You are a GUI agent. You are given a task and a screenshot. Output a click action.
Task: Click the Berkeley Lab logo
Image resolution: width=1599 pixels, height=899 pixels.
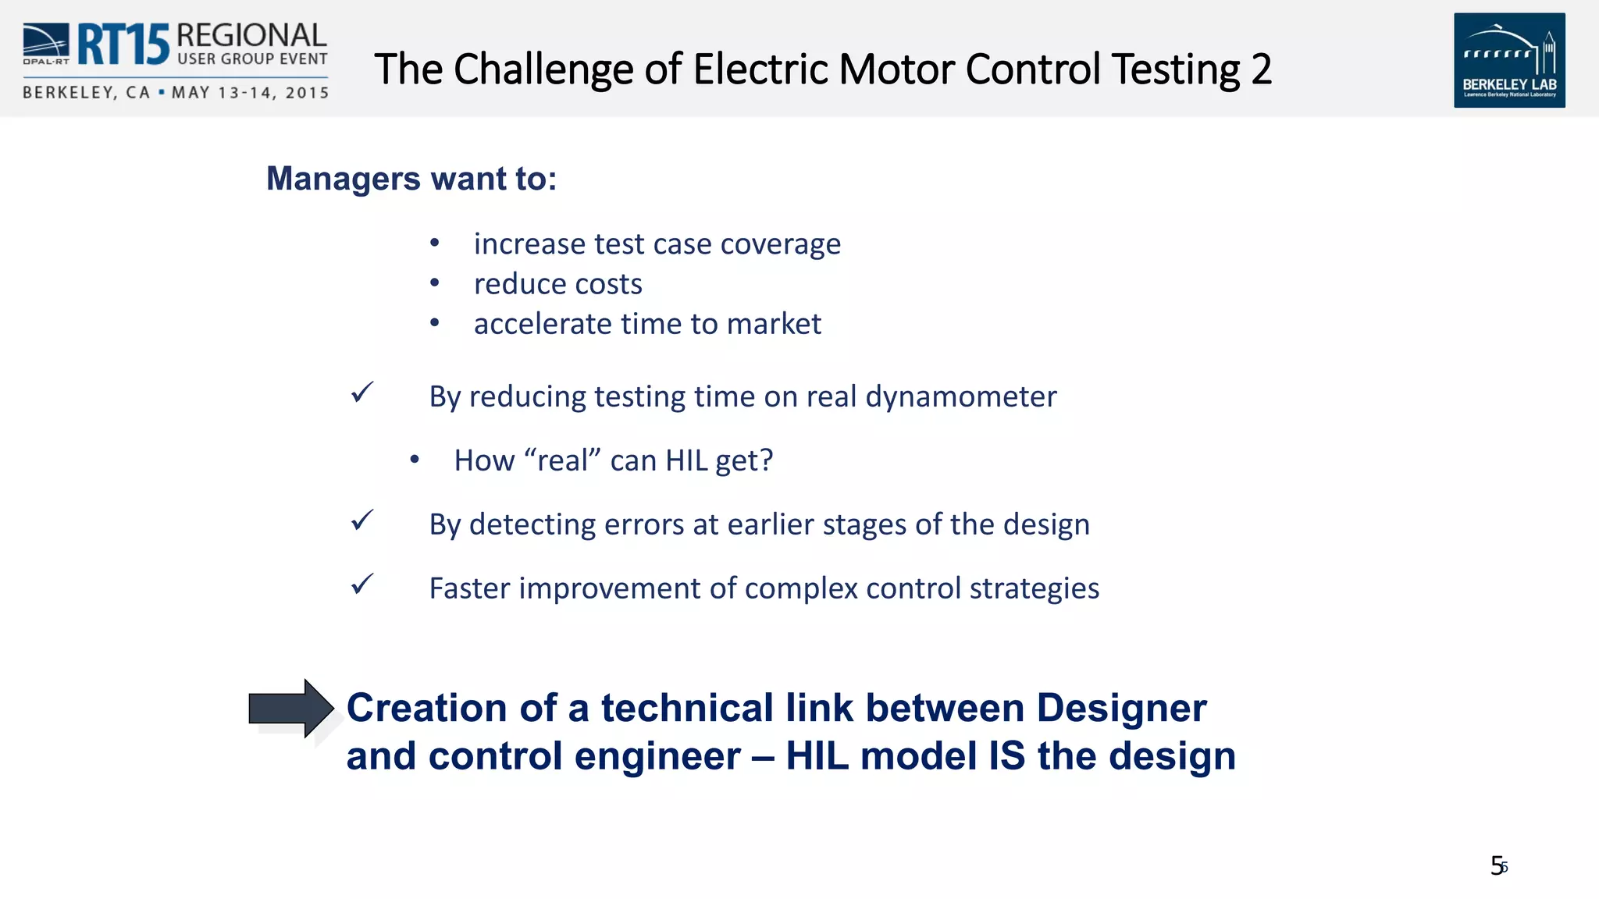point(1508,60)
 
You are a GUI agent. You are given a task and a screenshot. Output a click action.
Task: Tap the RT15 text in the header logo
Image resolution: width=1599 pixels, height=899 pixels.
point(123,44)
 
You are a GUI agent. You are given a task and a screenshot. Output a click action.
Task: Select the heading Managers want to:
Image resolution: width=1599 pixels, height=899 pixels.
point(411,179)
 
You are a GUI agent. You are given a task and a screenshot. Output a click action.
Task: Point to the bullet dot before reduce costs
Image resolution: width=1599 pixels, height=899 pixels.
point(435,283)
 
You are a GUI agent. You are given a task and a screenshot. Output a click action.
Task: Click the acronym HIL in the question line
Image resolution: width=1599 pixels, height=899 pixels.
point(686,460)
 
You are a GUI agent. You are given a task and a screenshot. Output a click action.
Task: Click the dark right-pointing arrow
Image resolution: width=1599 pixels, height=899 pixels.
point(291,708)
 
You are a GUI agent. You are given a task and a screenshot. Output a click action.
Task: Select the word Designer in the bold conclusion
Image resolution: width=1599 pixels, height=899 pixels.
point(1121,709)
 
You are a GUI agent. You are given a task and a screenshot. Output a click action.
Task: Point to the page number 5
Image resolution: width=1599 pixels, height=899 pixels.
point(1497,866)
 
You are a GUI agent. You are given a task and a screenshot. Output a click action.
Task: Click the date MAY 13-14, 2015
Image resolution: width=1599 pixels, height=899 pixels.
point(250,93)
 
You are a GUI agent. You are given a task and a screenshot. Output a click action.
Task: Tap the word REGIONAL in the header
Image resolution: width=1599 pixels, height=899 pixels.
point(251,36)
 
